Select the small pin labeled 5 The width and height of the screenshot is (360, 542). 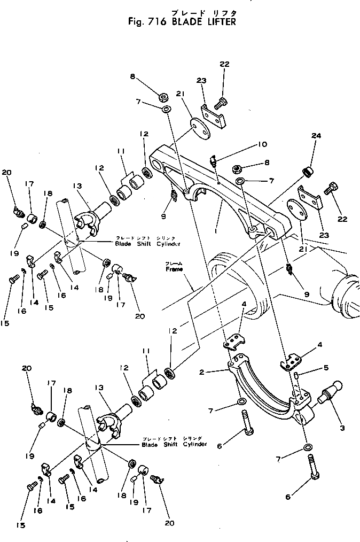[x=295, y=378]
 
